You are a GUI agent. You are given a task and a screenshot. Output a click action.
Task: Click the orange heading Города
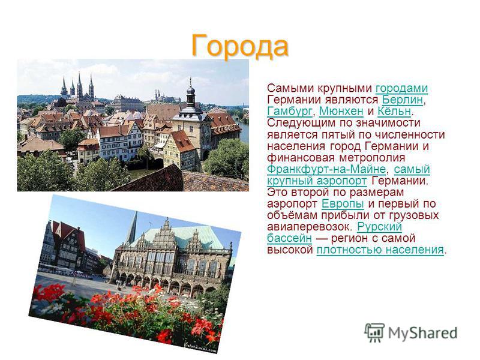click(x=239, y=46)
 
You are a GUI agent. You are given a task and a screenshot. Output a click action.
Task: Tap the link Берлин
click(x=403, y=100)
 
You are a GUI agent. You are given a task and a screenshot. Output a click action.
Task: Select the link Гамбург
click(x=290, y=112)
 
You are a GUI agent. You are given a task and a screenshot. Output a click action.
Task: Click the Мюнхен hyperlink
click(x=341, y=112)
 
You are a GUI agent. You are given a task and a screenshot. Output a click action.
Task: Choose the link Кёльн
click(x=394, y=112)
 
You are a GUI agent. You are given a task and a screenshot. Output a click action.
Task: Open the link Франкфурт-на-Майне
click(x=326, y=169)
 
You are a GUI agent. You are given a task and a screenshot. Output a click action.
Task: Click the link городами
click(x=401, y=89)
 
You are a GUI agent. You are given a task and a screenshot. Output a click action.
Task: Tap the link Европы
click(x=343, y=204)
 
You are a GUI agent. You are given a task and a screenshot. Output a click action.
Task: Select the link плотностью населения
click(x=380, y=250)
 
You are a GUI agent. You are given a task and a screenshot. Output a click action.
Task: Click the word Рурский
click(x=379, y=227)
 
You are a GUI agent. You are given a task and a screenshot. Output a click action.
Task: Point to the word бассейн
click(x=289, y=238)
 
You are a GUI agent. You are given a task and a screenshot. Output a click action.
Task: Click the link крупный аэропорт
click(x=317, y=181)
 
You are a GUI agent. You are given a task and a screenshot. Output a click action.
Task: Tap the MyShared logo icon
click(x=374, y=332)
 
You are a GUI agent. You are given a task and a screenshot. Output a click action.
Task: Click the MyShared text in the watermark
click(x=423, y=333)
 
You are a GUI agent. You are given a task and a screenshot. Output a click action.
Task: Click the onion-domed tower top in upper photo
click(x=191, y=92)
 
